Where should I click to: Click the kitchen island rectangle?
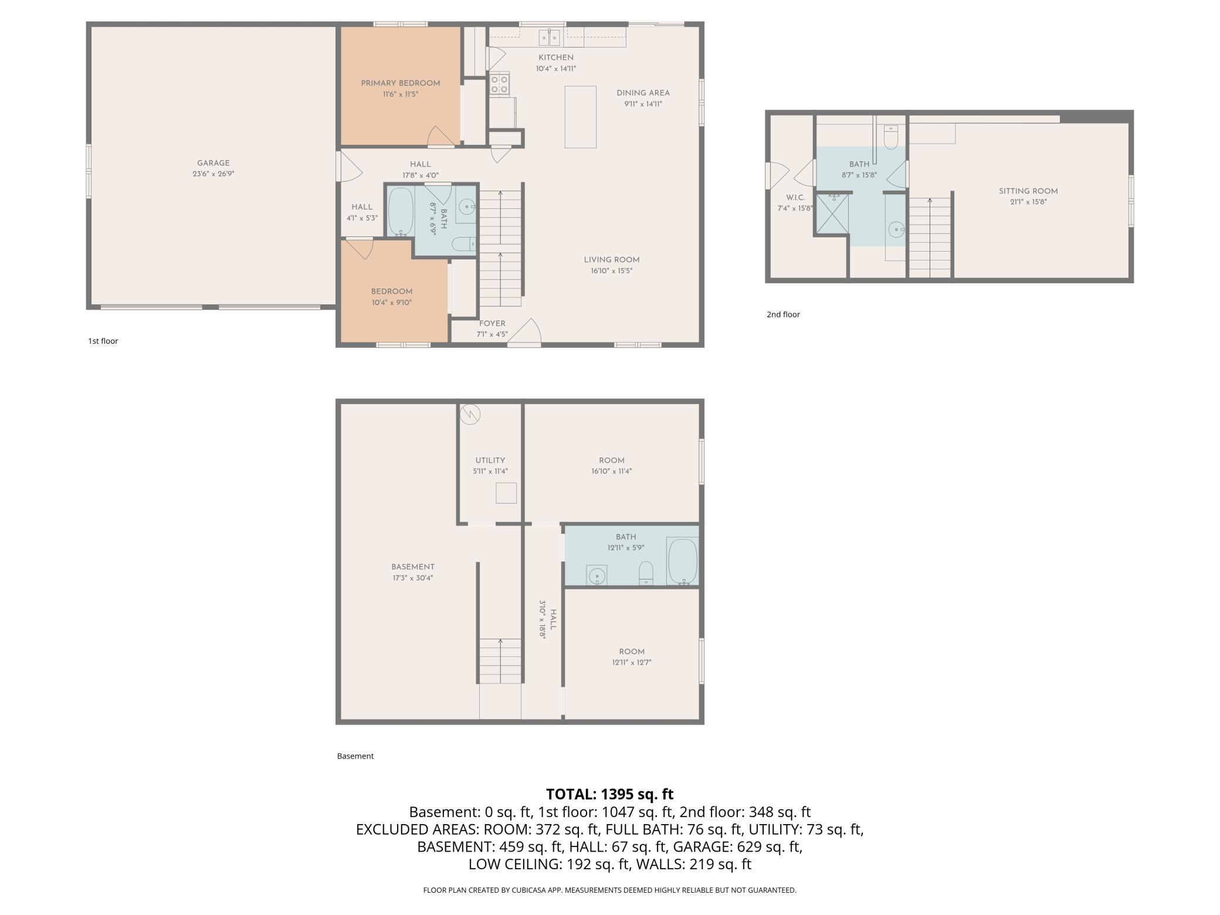(580, 117)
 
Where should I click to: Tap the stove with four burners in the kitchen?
(500, 84)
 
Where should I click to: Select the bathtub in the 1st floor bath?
(401, 212)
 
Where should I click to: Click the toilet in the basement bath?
(646, 572)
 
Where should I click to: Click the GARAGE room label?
(213, 163)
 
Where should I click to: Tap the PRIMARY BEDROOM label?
(401, 83)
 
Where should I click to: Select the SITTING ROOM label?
(1028, 191)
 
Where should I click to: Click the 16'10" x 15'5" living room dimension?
(612, 271)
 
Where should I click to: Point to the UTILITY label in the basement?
(490, 460)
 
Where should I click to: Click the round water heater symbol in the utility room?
(470, 414)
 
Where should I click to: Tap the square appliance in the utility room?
(506, 493)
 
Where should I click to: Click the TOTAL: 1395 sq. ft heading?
(610, 794)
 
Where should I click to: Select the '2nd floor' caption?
(783, 314)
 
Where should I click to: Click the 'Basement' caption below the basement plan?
(355, 756)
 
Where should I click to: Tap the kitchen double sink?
(550, 38)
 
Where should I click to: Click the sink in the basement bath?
(597, 576)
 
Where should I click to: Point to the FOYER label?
(492, 324)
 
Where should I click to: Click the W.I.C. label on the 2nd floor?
(795, 198)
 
